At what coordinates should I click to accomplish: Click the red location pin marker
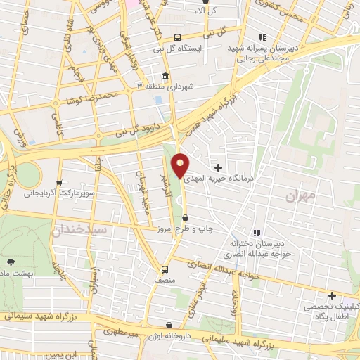[181, 165]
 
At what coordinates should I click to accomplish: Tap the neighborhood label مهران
[302, 196]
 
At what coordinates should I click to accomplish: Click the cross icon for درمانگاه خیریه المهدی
[219, 167]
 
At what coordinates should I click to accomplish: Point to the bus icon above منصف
[165, 269]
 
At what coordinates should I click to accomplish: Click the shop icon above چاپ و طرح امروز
[185, 218]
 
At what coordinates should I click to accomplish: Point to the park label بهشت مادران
[15, 271]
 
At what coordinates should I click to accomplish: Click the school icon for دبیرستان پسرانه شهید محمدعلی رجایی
[262, 37]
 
